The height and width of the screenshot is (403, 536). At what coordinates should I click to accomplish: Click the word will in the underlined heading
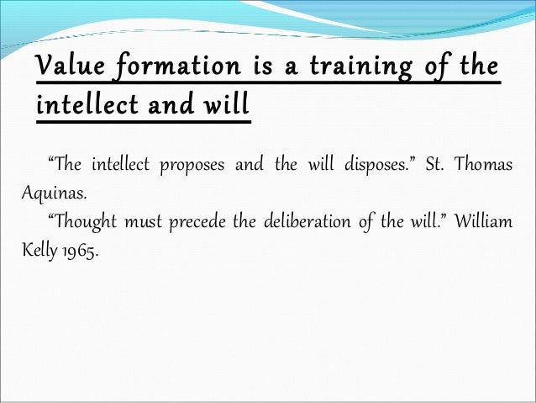[226, 107]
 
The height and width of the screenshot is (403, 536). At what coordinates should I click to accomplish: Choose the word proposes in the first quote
[194, 164]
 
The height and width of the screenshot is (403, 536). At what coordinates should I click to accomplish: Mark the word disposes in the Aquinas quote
[379, 164]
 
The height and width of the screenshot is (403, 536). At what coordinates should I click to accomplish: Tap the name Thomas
[484, 164]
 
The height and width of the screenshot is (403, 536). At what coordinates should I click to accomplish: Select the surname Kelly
[39, 250]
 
